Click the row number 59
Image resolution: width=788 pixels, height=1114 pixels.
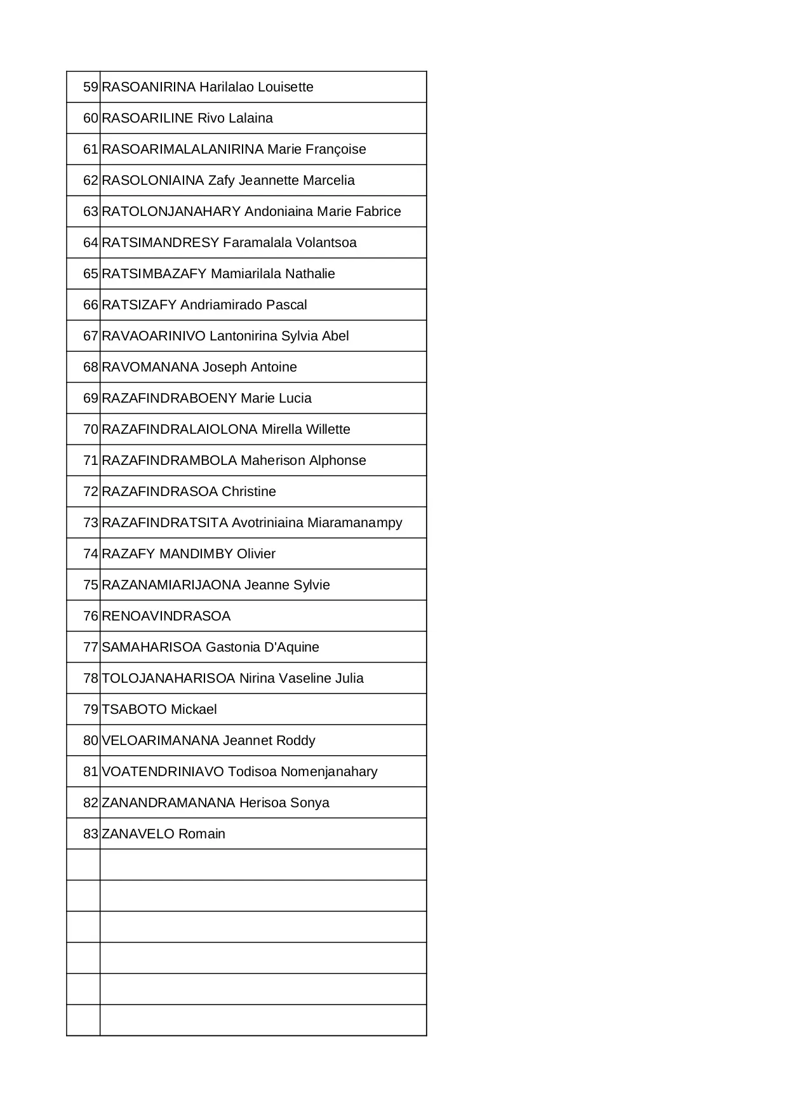91,87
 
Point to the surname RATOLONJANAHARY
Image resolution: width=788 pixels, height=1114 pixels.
171,211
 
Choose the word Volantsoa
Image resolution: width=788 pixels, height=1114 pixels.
326,243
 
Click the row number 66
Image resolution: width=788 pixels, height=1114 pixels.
91,305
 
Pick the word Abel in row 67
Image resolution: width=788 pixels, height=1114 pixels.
335,336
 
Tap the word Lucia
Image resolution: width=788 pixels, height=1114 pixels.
295,398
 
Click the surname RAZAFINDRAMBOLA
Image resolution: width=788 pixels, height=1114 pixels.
169,460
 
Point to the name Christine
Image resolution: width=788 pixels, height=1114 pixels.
248,492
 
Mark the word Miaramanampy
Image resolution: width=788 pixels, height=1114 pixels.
354,523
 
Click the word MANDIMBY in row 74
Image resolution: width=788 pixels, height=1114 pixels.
196,554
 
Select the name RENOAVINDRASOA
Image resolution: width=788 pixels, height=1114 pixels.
166,616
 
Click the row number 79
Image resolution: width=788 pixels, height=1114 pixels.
91,709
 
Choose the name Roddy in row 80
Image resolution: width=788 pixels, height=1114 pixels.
296,741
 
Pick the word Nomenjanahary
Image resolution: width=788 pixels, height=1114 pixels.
329,772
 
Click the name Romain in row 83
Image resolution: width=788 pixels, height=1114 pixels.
201,834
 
